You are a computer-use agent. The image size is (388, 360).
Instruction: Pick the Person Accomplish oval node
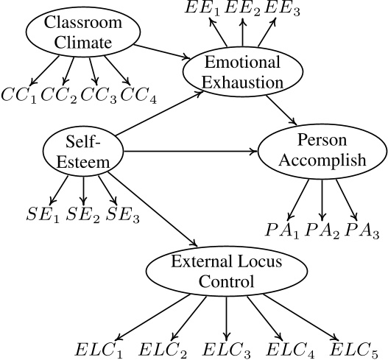(322, 153)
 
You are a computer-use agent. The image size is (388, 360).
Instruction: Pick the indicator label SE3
(122, 214)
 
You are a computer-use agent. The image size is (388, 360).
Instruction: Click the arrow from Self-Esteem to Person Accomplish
(191, 153)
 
